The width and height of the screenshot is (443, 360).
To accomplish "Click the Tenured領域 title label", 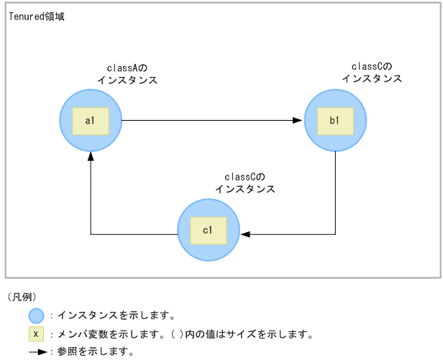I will coord(37,16).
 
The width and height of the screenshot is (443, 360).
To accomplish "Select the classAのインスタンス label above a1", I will coord(127,74).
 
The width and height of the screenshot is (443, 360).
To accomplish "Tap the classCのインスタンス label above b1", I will coord(372,73).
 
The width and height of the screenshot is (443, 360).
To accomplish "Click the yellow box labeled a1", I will coord(91,120).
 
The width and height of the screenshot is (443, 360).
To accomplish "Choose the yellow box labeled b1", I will coord(335,120).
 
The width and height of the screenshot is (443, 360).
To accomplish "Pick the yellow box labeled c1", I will coord(208,230).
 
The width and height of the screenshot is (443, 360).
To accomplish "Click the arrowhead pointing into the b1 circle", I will coord(298,120).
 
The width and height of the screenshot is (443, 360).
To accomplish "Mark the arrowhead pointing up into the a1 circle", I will coord(91,157).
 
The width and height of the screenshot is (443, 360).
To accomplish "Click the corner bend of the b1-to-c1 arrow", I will coord(335,234).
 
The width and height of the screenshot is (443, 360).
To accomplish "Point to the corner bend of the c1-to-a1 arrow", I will coord(91,234).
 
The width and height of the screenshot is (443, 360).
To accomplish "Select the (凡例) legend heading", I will coord(22,297).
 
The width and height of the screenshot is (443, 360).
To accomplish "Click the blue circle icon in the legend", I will coord(36,315).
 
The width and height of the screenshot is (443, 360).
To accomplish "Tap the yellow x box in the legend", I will coord(36,334).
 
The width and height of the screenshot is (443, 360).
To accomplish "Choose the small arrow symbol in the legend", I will coord(37,352).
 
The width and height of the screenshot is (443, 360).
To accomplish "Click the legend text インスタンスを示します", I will coord(116,315).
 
